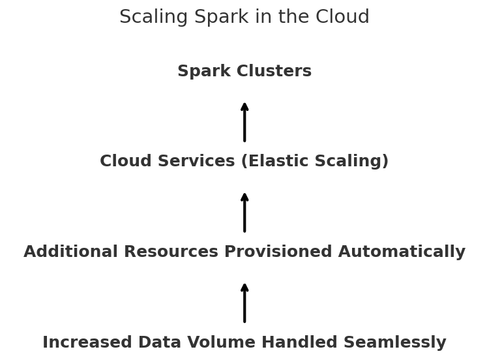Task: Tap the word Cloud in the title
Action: (343, 18)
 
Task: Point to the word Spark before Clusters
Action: (201, 72)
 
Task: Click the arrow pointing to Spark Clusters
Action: (244, 121)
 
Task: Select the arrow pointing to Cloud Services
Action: (244, 212)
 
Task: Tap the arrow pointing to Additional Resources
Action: (244, 303)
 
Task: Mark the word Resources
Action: (170, 252)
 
